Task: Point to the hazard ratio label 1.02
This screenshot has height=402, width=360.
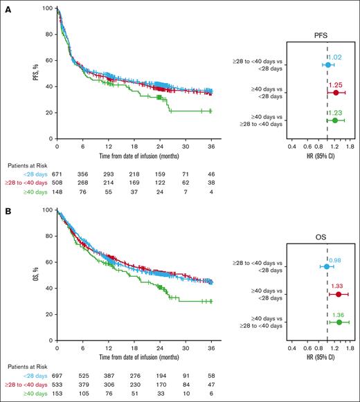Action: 334,57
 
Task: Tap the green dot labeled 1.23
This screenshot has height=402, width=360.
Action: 335,120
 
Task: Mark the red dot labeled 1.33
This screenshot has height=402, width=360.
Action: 339,294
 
